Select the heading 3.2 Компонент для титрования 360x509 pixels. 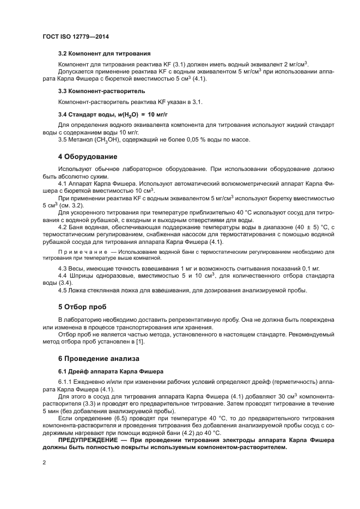[x=104, y=53]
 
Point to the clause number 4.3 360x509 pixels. [x=63, y=268]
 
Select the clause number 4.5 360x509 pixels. [x=63, y=291]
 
